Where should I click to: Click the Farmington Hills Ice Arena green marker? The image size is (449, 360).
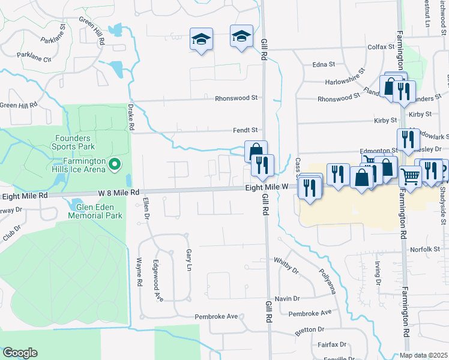coord(113,163)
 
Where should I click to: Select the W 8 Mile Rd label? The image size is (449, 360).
coord(119,193)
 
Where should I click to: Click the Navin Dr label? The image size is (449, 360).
coord(287,298)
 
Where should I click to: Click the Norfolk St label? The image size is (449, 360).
coord(426,249)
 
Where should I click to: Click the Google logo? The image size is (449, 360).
coord(20,353)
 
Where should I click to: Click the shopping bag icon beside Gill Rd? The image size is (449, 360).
coord(256,150)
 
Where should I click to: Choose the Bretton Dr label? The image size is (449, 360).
coord(309,329)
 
